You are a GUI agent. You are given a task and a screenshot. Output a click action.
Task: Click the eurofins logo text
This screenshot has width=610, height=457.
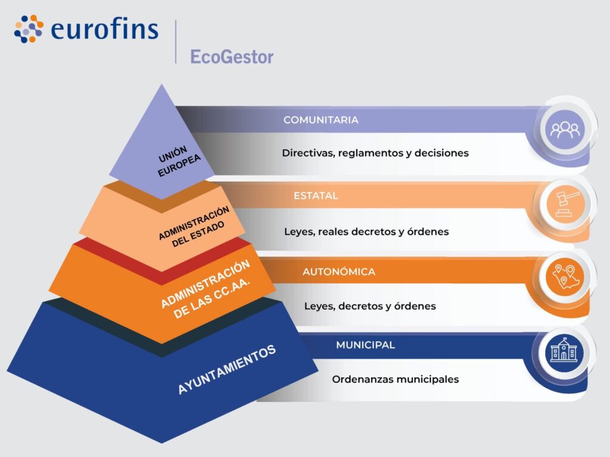105,30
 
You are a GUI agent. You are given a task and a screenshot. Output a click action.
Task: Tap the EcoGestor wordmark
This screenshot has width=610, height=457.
232,57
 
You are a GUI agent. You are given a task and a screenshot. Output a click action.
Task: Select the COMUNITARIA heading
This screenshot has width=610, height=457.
320,120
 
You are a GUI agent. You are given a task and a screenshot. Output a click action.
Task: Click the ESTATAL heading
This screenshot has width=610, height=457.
316,195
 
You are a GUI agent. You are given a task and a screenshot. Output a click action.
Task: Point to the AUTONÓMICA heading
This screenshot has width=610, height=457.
338,272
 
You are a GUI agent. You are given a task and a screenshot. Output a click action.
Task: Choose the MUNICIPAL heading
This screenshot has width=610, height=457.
365,345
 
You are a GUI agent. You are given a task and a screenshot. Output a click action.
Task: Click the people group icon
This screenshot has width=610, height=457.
564,129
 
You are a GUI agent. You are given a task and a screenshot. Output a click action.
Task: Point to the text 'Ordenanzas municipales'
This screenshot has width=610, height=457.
396,379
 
